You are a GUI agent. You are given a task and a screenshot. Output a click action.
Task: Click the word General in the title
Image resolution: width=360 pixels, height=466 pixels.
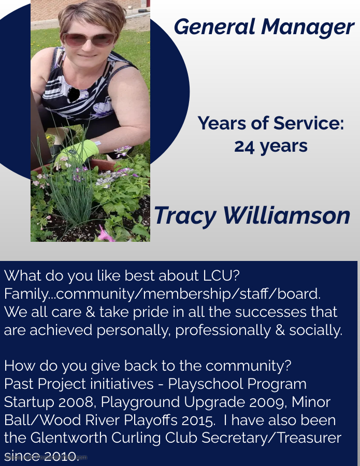pos(214,27)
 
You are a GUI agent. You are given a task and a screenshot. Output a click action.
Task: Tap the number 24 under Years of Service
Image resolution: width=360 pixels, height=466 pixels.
pos(244,147)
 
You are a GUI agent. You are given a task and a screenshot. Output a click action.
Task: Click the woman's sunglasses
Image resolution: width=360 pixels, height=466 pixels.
pos(88,39)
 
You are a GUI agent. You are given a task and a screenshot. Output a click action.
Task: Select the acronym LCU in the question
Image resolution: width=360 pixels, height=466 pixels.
pos(221,276)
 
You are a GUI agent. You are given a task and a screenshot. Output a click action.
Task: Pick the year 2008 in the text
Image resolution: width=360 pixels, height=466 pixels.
pos(77,402)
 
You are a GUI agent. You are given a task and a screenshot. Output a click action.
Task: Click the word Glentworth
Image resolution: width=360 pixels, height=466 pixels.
pos(69,438)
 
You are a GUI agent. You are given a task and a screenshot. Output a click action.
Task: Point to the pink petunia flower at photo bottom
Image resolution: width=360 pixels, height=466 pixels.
pos(106,234)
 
